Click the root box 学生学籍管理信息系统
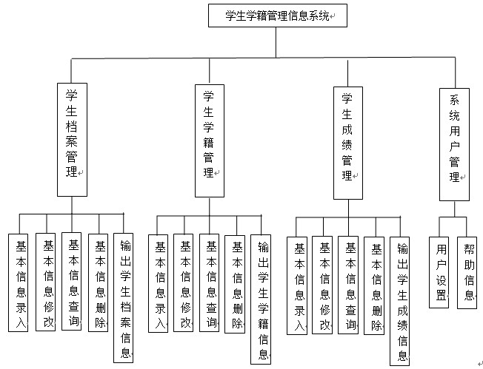(x=277, y=16)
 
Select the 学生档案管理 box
(x=72, y=138)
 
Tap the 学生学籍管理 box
(x=209, y=139)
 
